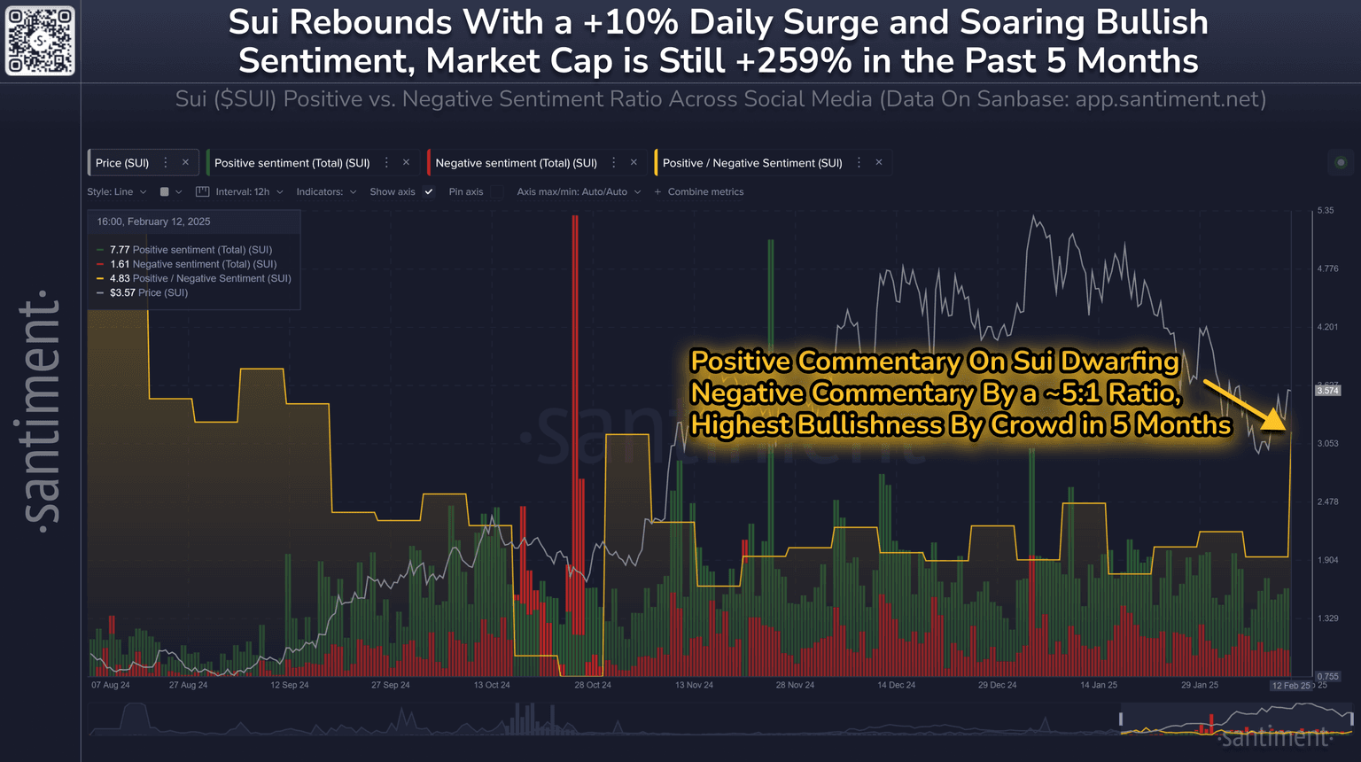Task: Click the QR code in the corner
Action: (x=40, y=41)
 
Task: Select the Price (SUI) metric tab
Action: (x=122, y=163)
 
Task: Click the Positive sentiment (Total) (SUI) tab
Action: (x=292, y=163)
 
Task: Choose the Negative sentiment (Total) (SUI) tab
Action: (x=516, y=163)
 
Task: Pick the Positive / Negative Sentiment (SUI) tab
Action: (x=752, y=163)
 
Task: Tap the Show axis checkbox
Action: (x=429, y=191)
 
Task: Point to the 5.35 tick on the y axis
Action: (x=1326, y=211)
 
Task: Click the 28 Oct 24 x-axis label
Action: (x=593, y=685)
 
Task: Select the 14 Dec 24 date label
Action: (x=897, y=685)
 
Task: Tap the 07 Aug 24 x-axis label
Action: (x=111, y=685)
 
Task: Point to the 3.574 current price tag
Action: (x=1327, y=391)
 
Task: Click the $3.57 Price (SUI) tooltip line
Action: (x=148, y=292)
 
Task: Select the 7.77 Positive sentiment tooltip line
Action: (x=191, y=250)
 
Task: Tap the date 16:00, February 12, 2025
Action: (x=153, y=222)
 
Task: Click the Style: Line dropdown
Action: (x=116, y=191)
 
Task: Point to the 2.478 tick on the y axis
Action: (x=1326, y=502)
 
